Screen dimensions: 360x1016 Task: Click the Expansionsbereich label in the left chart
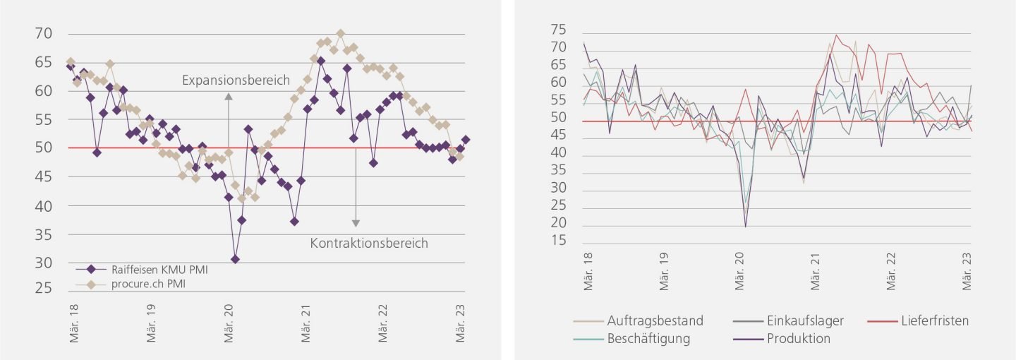236,80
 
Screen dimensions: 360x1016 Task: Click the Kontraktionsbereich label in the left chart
369,244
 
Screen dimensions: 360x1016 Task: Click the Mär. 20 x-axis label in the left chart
229,325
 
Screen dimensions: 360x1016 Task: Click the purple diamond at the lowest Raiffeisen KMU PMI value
235,259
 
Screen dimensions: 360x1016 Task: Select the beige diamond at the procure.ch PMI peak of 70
340,33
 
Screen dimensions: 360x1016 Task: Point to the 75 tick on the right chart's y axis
558,29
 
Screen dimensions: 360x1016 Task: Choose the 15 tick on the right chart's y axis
558,241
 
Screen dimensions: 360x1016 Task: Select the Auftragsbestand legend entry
655,320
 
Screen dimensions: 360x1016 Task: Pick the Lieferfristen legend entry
934,320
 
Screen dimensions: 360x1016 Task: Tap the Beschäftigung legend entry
648,338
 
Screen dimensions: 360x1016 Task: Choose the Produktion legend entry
798,338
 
